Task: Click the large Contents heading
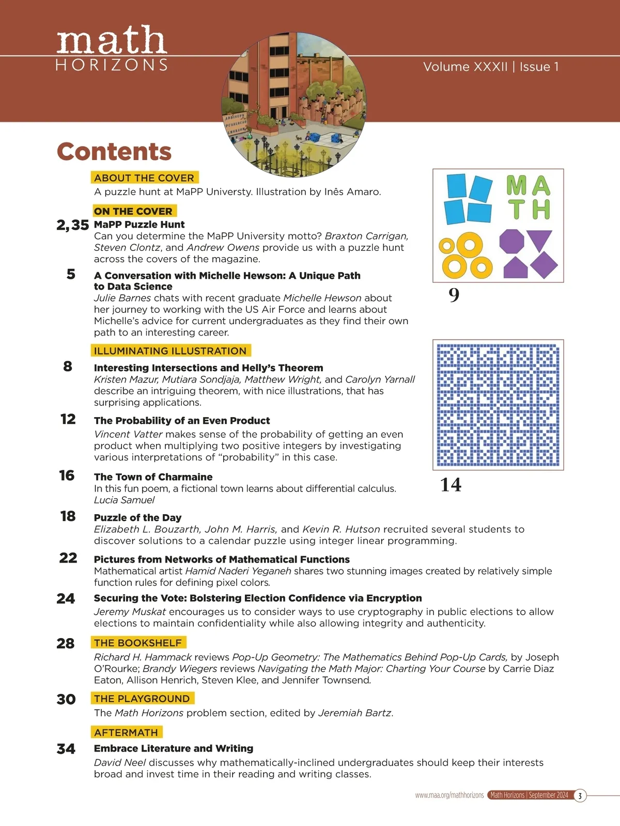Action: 114,152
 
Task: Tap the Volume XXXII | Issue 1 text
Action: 491,67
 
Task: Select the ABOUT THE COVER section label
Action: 144,178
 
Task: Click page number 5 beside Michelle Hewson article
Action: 71,274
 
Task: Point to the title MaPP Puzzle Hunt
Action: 139,225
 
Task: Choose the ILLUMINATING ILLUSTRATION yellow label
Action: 170,351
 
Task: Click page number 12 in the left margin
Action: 68,419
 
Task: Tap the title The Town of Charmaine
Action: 153,477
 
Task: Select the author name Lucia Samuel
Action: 124,500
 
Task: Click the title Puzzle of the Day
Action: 137,517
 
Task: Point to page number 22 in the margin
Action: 68,558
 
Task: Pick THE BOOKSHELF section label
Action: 138,643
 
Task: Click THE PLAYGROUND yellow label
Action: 142,698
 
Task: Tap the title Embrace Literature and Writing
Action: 174,748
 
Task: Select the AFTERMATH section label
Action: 126,732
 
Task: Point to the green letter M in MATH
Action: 516,185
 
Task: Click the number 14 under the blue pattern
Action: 451,485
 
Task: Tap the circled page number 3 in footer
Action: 580,796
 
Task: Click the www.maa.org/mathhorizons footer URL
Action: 450,796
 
